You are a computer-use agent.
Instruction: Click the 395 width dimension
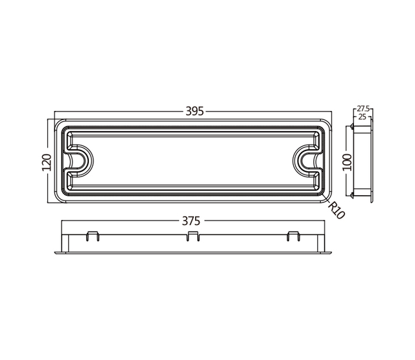pyautogui.click(x=195, y=112)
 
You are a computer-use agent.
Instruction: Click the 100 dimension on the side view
pyautogui.click(x=348, y=161)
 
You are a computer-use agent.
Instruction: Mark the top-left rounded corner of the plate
pyautogui.click(x=60, y=124)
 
